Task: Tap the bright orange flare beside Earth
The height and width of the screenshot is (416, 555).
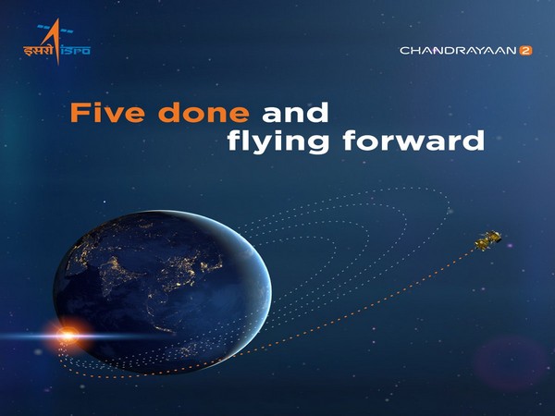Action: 66,329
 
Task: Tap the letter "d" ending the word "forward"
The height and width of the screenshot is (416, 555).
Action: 475,142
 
